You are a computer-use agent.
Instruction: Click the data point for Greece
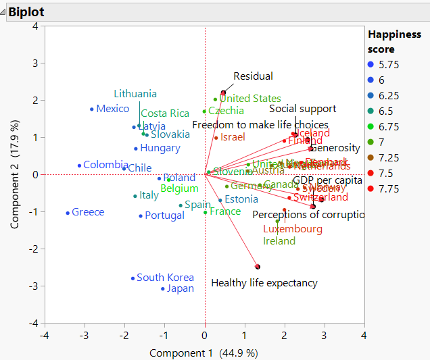[68, 213]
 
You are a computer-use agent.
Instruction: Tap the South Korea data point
[133, 278]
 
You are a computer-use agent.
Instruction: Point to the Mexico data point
[92, 109]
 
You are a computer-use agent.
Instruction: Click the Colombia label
[105, 164]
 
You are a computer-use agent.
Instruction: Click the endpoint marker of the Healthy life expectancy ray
[258, 267]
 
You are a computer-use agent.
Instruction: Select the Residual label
[253, 76]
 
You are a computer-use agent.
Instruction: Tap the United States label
[249, 99]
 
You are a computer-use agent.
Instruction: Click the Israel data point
[216, 138]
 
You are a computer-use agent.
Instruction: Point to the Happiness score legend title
[393, 41]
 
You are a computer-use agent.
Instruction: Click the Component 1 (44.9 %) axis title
[204, 353]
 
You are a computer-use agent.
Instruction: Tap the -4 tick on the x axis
[45, 335]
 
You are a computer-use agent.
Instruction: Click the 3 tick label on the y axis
[35, 63]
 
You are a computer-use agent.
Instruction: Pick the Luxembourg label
[292, 229]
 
